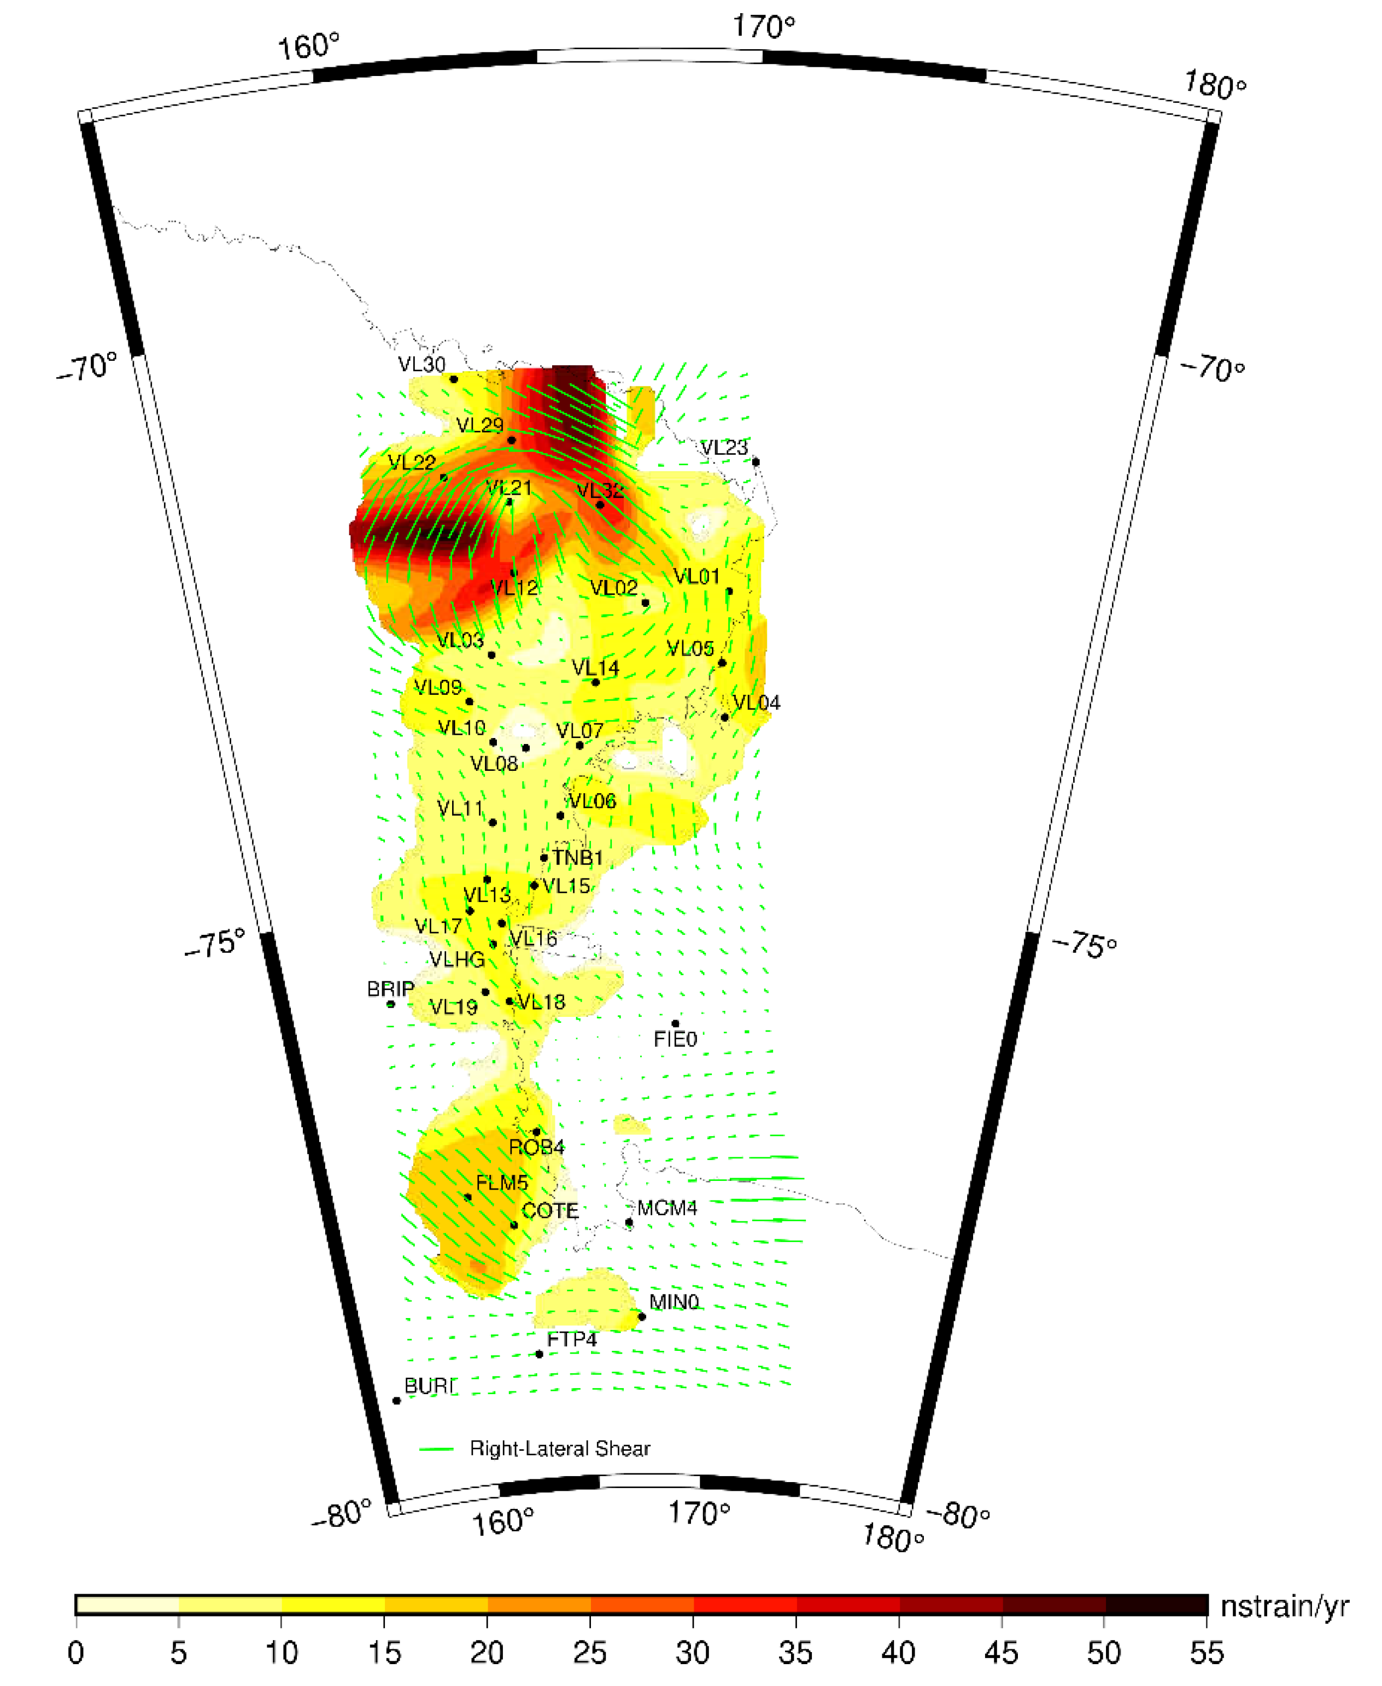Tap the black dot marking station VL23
pos(756,462)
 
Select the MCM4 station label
pos(667,1208)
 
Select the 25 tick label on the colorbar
pos(590,1653)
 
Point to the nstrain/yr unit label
pos(1284,1606)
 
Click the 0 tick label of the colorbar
pos(75,1653)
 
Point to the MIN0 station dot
pos(642,1316)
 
